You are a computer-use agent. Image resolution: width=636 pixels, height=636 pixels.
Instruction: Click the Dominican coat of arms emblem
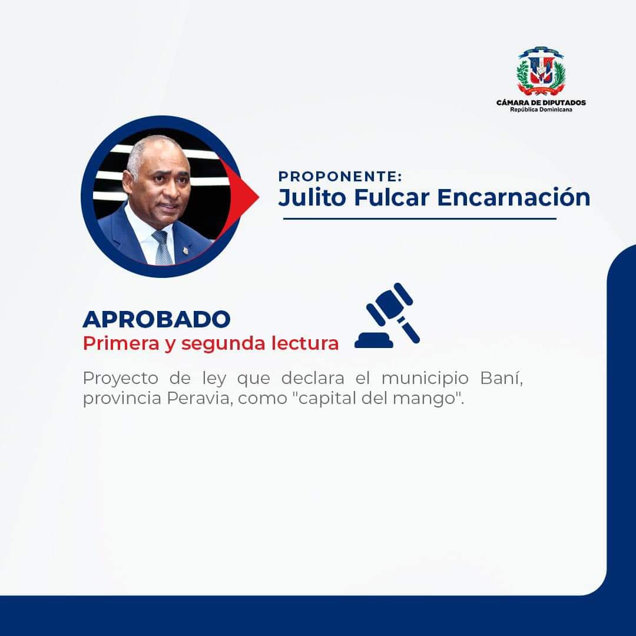[541, 71]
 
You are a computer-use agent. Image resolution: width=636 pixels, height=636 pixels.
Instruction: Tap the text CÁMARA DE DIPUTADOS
[541, 102]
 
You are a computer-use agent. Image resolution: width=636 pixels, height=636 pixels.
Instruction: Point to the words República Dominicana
[541, 110]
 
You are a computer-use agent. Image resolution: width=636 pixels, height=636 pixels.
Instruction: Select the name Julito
[312, 197]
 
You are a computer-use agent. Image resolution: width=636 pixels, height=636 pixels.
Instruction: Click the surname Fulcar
[392, 197]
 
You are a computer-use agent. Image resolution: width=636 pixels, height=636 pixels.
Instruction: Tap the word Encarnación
[514, 197]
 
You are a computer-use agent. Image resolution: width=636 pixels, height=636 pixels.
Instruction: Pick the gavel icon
[387, 316]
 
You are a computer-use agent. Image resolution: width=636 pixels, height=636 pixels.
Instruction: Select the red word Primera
[121, 343]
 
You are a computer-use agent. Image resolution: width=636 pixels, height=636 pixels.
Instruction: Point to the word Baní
[501, 377]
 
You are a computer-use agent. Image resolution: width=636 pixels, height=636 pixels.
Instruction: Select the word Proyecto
[121, 379]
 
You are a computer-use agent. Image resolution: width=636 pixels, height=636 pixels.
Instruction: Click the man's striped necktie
[163, 248]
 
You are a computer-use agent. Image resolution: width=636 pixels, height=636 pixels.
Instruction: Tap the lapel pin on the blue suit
[185, 251]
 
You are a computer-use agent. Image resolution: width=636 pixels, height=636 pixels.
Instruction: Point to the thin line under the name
[419, 218]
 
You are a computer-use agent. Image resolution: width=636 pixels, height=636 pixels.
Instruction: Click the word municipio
[425, 379]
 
